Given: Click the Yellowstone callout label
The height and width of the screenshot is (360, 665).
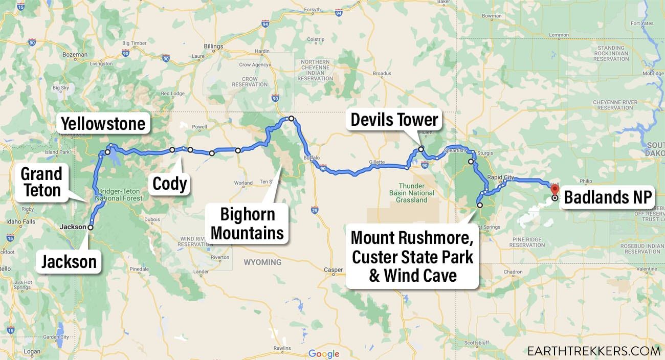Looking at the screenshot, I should click(103, 123).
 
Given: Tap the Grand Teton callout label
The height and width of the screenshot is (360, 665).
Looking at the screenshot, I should click(41, 182).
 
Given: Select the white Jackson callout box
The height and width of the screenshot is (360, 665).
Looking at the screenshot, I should click(69, 262).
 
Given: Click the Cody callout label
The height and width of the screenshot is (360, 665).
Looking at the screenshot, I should click(170, 183).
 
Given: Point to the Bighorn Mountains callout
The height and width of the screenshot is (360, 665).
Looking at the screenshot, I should click(247, 223).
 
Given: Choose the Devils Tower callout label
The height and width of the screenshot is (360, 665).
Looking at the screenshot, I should click(394, 120).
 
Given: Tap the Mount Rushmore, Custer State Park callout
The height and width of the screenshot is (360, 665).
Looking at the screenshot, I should click(412, 257).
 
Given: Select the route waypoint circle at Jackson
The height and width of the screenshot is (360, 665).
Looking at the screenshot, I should click(91, 227).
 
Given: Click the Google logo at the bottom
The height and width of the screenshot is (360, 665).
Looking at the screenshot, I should click(324, 354).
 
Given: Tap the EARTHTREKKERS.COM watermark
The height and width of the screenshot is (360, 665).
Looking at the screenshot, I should click(593, 351).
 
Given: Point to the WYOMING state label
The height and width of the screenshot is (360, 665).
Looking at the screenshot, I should click(262, 262).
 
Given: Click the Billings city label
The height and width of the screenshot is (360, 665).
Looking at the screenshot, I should click(213, 47).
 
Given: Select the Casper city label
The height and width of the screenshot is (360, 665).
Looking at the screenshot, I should click(333, 270).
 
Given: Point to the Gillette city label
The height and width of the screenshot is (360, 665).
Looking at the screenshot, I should click(376, 162).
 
